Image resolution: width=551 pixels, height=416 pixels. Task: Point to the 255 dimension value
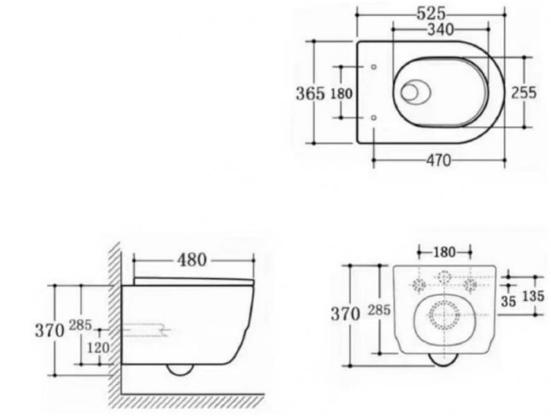click(523, 93)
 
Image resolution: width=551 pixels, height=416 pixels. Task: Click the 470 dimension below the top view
click(436, 161)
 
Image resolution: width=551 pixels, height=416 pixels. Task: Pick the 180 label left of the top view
click(341, 93)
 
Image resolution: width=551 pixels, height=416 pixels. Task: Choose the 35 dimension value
click(509, 302)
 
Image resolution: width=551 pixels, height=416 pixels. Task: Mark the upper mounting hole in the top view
click(373, 67)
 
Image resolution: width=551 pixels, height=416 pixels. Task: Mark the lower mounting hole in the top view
click(373, 119)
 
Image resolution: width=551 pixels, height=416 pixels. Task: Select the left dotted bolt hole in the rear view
click(419, 284)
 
